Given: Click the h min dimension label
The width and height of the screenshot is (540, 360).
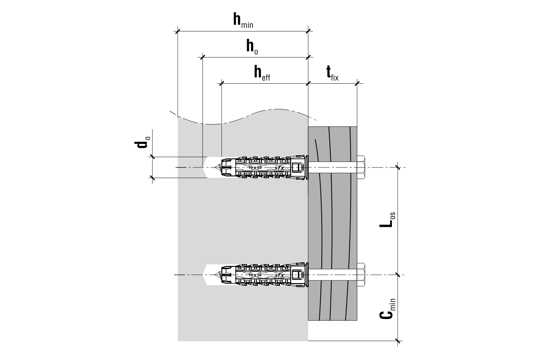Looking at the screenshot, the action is (243, 21).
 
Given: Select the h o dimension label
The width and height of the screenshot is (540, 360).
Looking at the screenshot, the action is (252, 46).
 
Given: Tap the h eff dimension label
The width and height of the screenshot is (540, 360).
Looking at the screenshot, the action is (262, 72).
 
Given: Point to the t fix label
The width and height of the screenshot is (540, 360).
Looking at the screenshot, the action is (333, 73).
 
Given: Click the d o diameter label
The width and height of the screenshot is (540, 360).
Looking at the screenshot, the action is (142, 142).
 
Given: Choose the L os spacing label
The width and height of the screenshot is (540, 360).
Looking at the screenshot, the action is (387, 220).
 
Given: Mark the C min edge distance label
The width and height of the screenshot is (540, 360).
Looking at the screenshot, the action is (387, 309).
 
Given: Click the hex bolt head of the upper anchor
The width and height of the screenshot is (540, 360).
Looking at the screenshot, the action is (361, 167).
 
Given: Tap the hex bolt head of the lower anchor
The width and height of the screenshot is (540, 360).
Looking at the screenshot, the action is (361, 274).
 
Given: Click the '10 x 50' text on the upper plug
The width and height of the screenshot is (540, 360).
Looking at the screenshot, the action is (255, 167).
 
